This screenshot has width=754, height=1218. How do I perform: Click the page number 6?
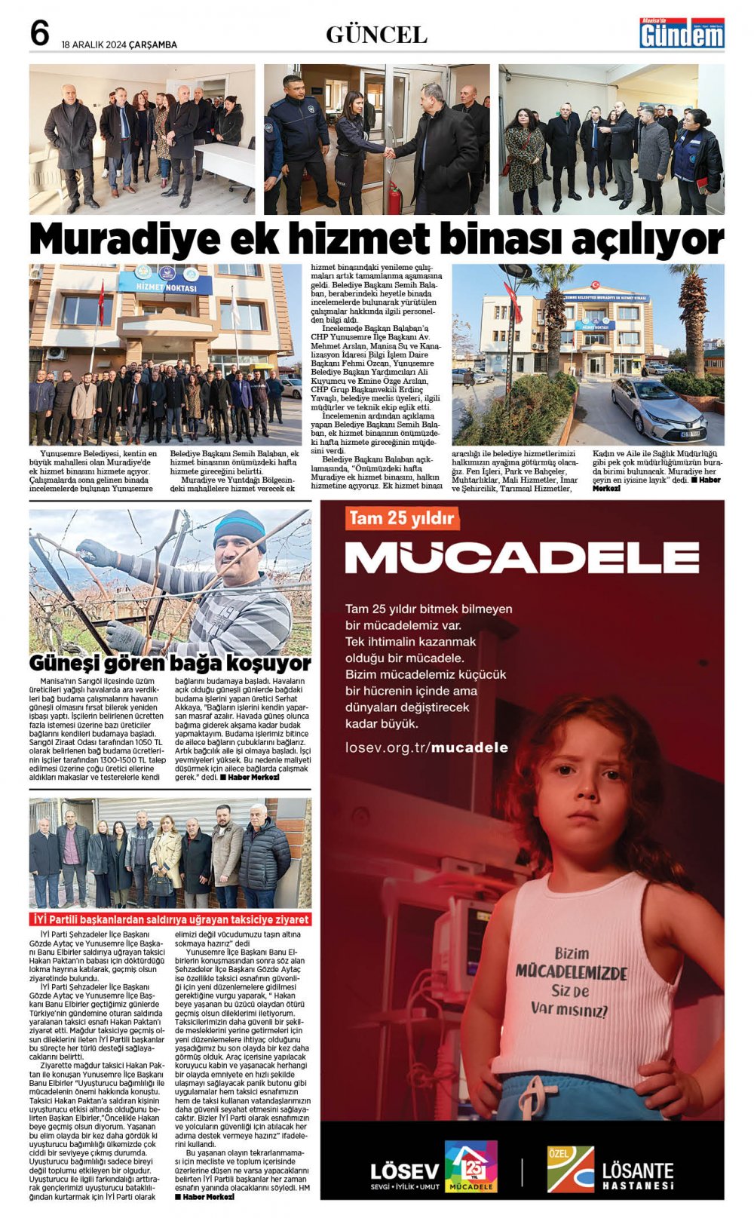click(39, 34)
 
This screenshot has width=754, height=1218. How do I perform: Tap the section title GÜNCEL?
click(376, 35)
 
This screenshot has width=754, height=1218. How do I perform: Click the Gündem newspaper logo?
click(682, 34)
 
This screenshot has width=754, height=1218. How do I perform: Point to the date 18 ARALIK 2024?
click(94, 44)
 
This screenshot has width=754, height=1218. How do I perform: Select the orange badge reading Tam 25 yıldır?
click(402, 518)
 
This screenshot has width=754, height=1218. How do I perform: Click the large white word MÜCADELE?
click(522, 557)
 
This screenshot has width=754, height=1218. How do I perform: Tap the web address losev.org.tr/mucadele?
click(426, 747)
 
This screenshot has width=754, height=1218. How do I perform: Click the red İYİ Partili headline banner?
click(170, 919)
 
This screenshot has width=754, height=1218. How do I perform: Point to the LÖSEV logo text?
click(404, 1171)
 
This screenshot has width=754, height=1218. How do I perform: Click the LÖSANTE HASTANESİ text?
click(637, 1174)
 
